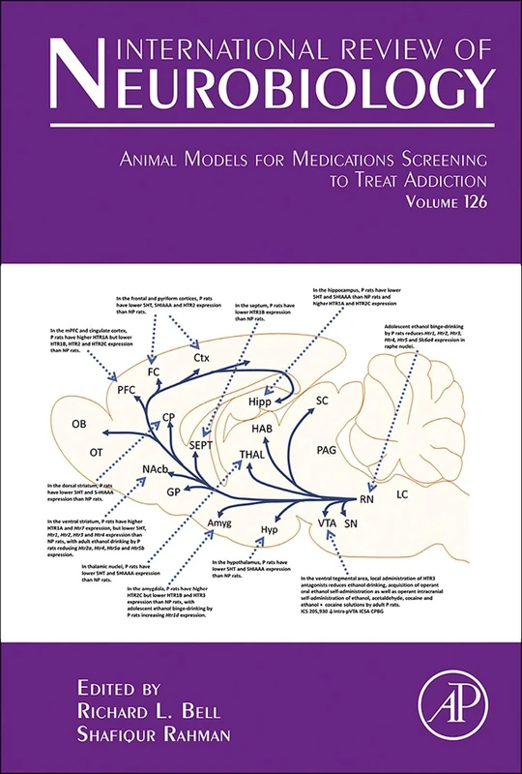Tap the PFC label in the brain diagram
pos(129,390)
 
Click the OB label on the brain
pos(80,425)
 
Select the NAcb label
pos(156,469)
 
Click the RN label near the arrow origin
pos(366,500)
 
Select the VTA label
pos(328,522)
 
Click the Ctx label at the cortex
pos(201,358)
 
